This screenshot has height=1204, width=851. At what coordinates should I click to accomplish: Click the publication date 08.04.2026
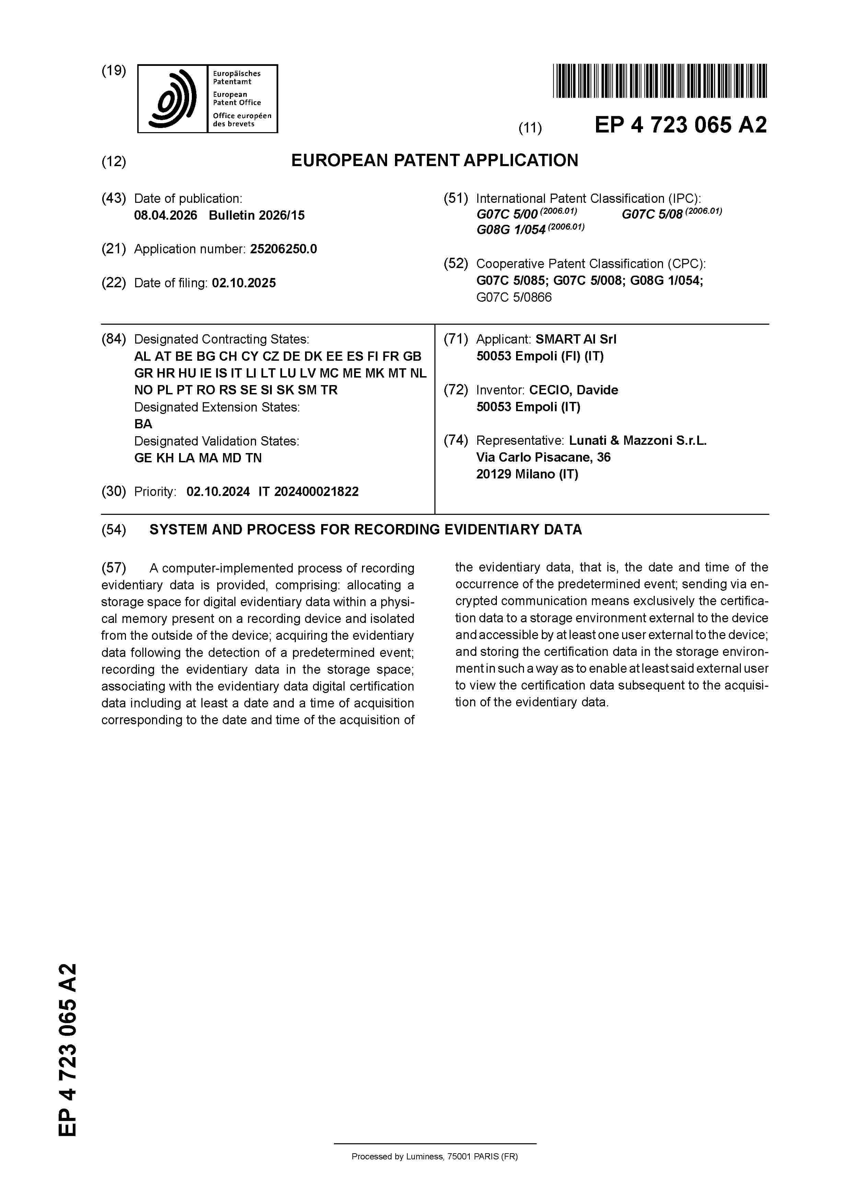pos(166,216)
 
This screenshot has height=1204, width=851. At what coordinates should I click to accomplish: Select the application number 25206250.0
pos(283,249)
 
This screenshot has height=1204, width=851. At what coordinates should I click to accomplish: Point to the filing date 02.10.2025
pos(244,283)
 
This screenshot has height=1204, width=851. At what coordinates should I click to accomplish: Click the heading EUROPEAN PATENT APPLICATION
pos(435,161)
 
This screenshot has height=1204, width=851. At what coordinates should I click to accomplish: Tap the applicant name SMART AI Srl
pos(576,339)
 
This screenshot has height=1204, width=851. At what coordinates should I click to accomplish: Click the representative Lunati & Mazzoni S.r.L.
pos(638,440)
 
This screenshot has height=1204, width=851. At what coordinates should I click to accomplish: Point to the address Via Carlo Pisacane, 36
pos(543,457)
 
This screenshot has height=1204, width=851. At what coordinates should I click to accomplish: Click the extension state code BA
pos(143,424)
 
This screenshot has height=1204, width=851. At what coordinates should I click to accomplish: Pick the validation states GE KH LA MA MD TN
pos(198,458)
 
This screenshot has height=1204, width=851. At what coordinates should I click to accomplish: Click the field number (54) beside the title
pos(114,530)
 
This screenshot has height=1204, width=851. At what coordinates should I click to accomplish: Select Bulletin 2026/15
pos(256,216)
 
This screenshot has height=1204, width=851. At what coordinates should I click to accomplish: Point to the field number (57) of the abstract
pos(114,568)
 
